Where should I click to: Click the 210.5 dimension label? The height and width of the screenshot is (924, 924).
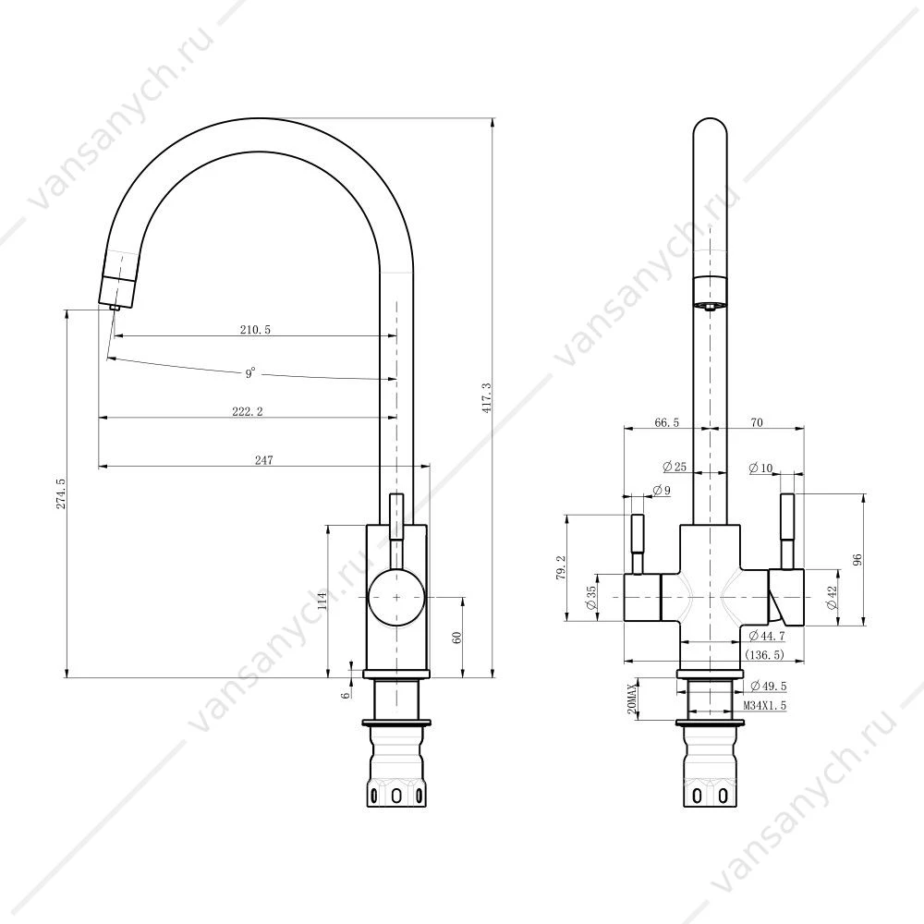coord(255,330)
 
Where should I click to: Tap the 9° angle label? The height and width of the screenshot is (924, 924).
coord(250,373)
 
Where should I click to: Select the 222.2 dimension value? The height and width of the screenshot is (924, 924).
coord(248,411)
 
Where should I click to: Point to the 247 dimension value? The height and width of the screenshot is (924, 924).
coord(264,459)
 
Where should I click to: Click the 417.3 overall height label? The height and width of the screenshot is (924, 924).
coord(486,397)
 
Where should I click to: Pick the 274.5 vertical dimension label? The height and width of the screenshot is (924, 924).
coord(61,493)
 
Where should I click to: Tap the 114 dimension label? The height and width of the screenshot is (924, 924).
coord(322,601)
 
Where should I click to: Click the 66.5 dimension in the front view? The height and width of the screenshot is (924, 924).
coord(666,422)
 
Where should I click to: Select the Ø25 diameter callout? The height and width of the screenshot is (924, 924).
coord(675,467)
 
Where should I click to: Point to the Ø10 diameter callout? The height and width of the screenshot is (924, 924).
coord(760,468)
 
